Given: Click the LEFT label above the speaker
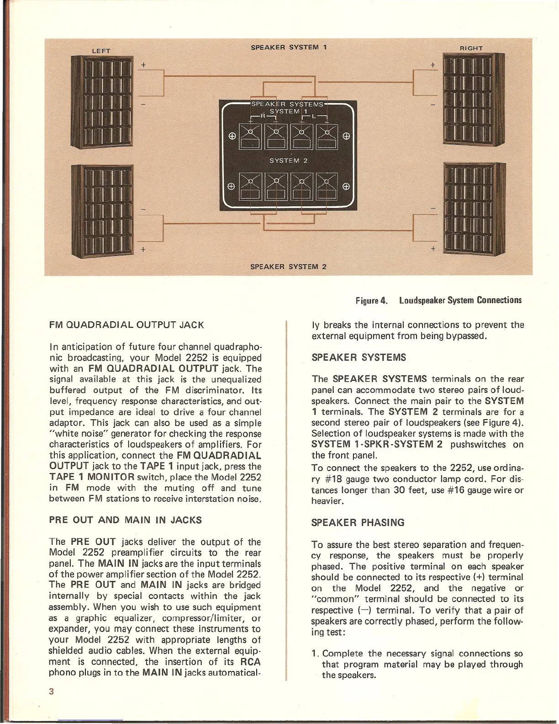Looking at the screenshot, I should click(101, 51).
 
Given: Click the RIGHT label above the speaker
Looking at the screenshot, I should click(471, 48).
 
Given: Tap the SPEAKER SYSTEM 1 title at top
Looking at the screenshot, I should click(289, 47).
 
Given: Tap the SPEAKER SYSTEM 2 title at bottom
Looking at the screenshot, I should click(288, 266).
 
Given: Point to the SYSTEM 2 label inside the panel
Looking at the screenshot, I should click(289, 160).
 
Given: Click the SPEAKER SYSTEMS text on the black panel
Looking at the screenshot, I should click(288, 104).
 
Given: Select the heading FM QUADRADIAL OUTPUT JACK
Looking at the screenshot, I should click(126, 325).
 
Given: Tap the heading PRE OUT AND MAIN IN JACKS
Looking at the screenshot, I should click(125, 520).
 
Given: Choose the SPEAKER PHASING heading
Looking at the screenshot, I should click(358, 522).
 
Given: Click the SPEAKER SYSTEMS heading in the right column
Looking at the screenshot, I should click(359, 357).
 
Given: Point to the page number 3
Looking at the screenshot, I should click(52, 691).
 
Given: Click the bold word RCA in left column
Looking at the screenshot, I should click(250, 662).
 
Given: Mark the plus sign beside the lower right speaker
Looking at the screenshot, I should click(433, 248).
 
